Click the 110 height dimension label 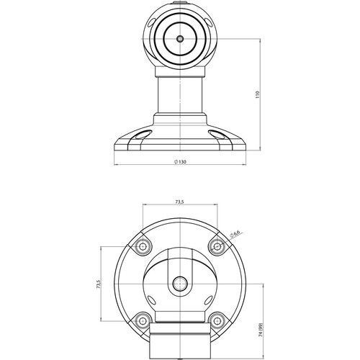[258, 95]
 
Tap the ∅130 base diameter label [180, 162]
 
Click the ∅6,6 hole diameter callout [235, 234]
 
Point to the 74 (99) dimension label [261, 330]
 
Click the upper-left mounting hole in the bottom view [143, 246]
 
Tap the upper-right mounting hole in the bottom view [217, 246]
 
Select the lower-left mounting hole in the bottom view [143, 320]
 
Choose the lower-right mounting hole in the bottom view [217, 320]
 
